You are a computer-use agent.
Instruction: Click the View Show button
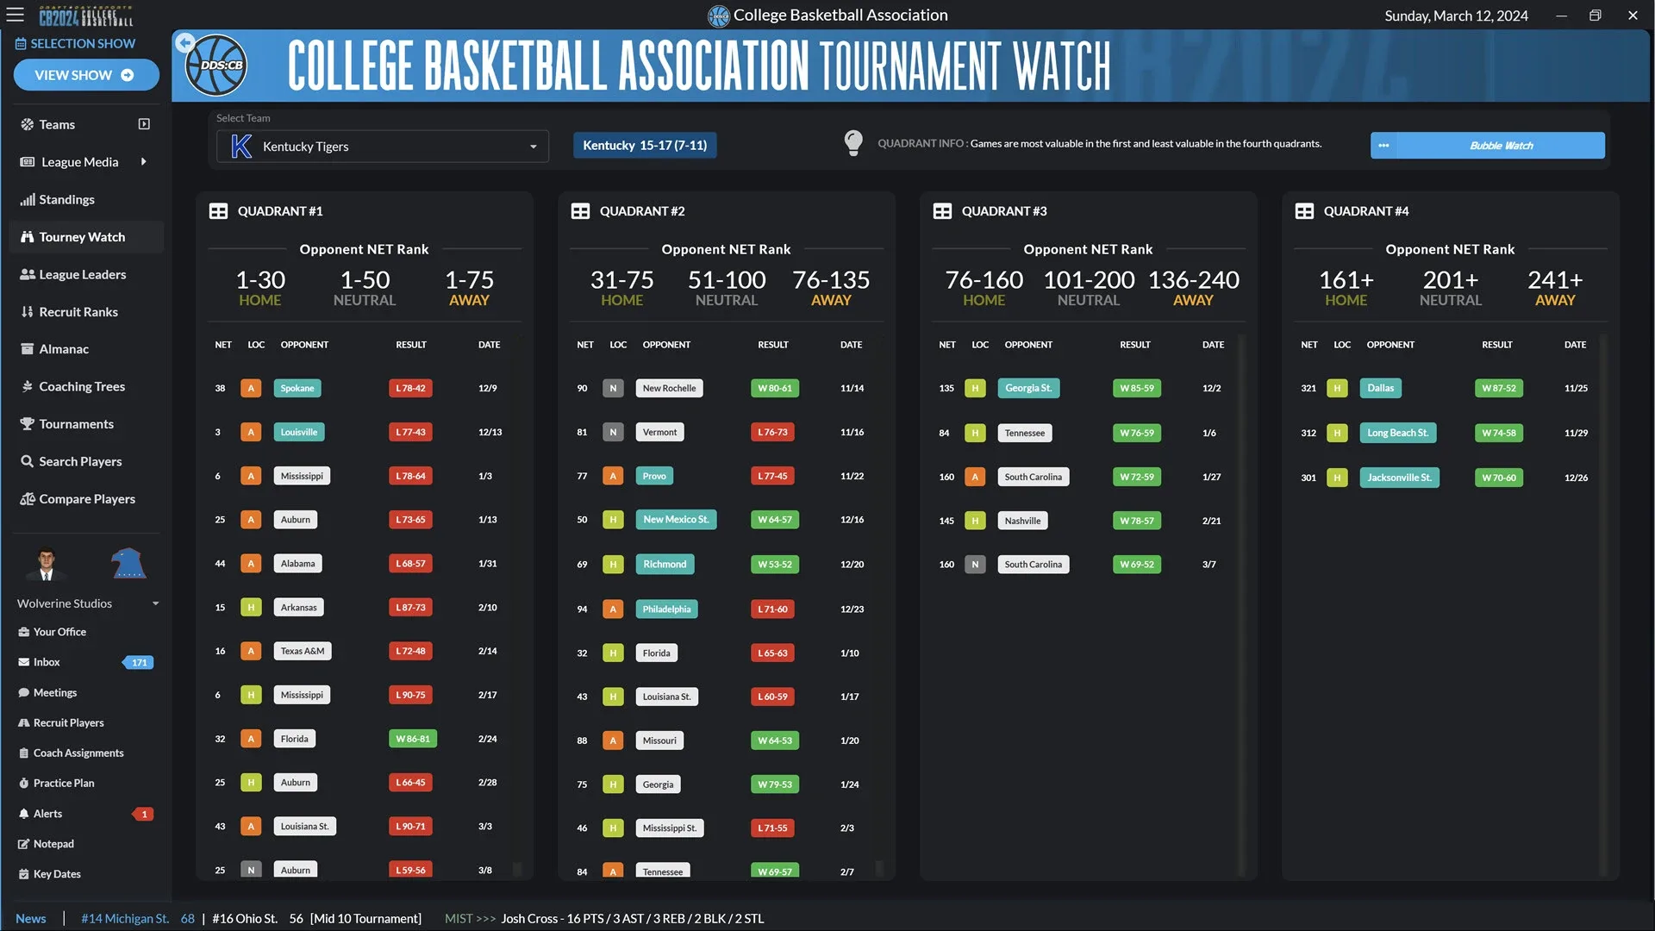pos(85,75)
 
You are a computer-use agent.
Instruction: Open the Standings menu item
pos(66,199)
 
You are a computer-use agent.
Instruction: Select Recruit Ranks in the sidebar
pos(78,312)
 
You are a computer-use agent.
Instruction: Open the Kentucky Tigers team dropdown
pos(383,147)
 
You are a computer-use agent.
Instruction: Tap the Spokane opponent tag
pos(297,388)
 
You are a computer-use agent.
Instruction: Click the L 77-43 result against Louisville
pos(410,432)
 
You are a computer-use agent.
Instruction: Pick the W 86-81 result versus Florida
pos(412,739)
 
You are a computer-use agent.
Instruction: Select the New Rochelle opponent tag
pos(669,388)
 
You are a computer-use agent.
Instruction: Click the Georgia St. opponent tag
pos(1028,388)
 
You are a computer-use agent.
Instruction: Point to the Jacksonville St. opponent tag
pos(1399,478)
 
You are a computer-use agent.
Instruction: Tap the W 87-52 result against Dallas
pos(1498,388)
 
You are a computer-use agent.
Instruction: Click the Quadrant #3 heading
pos(1004,211)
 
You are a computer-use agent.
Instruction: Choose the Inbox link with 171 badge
pos(47,662)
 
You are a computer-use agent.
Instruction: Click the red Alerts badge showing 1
pos(144,814)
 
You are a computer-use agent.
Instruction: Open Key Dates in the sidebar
pos(57,874)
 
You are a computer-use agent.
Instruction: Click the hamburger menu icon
pos(16,16)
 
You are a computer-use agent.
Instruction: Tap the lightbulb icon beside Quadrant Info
pos(853,143)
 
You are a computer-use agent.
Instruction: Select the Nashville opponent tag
pos(1022,521)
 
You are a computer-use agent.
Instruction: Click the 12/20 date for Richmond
pos(852,565)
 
